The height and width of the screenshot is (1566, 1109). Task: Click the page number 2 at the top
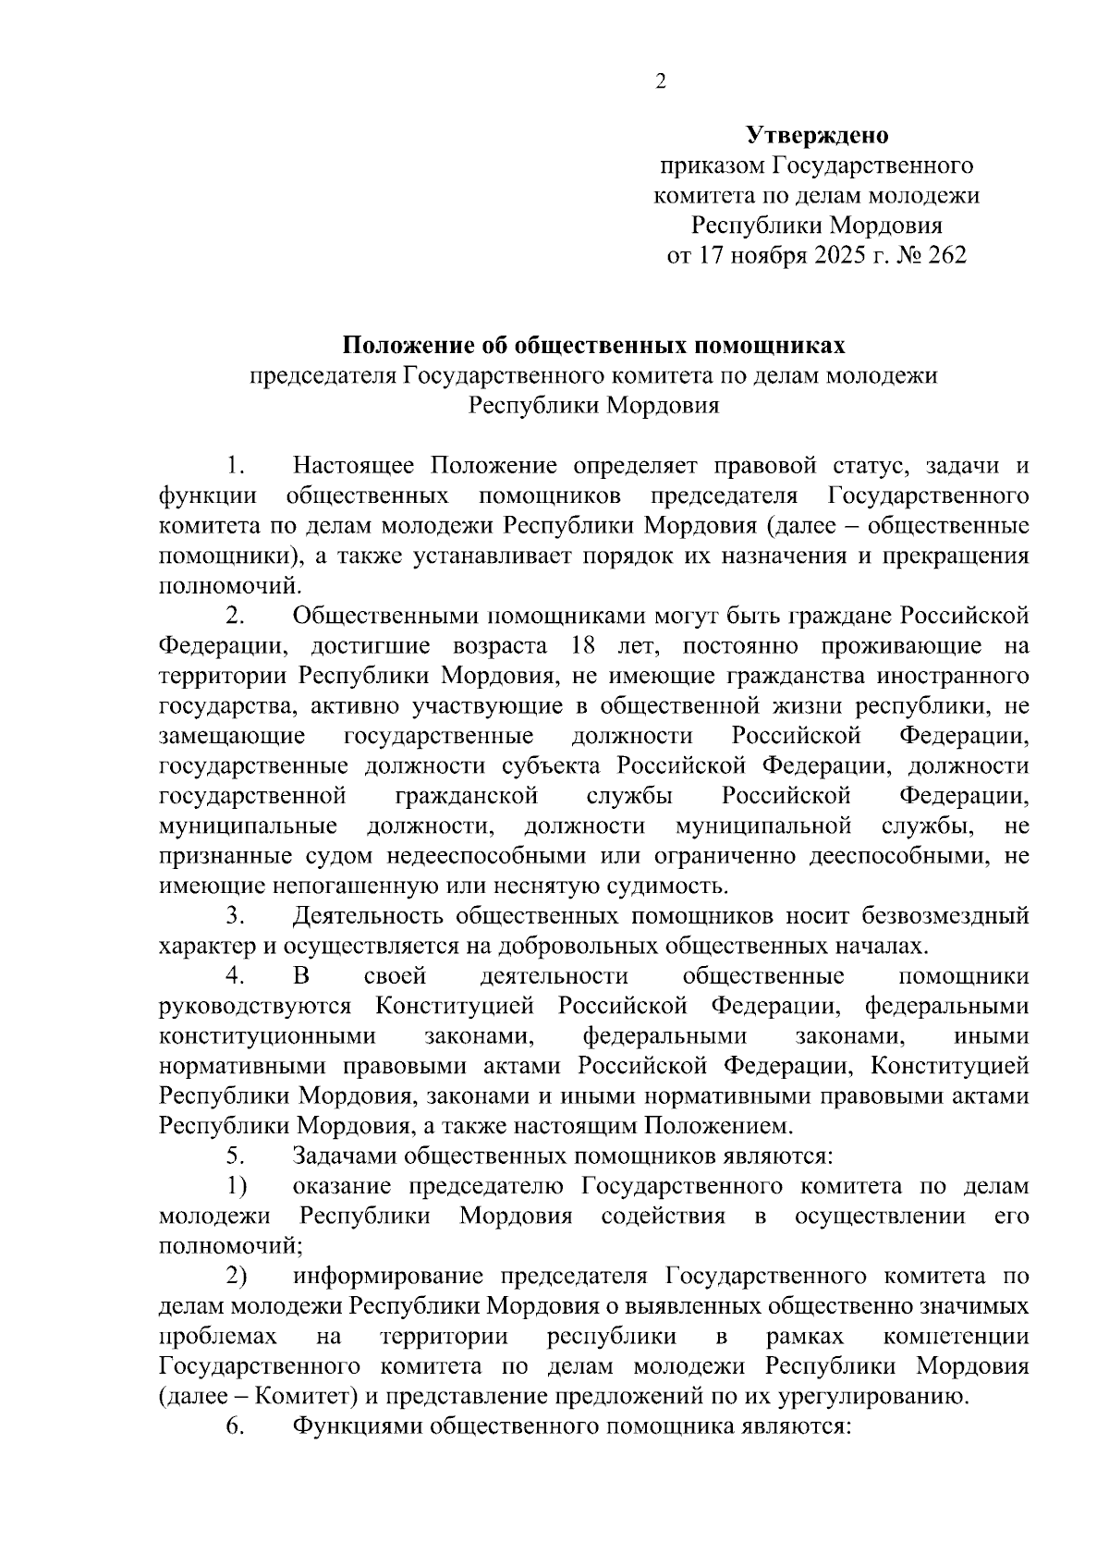tap(660, 82)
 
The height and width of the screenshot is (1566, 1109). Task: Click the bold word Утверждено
tap(817, 136)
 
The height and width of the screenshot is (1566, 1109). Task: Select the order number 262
tap(944, 255)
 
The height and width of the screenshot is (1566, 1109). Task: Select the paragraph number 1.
tap(236, 466)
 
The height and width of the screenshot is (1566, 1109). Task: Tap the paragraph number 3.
tap(235, 916)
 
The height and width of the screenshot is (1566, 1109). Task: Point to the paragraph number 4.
tap(235, 976)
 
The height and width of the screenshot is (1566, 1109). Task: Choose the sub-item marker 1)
tap(237, 1186)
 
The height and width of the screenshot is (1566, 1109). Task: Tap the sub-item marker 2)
tap(237, 1277)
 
